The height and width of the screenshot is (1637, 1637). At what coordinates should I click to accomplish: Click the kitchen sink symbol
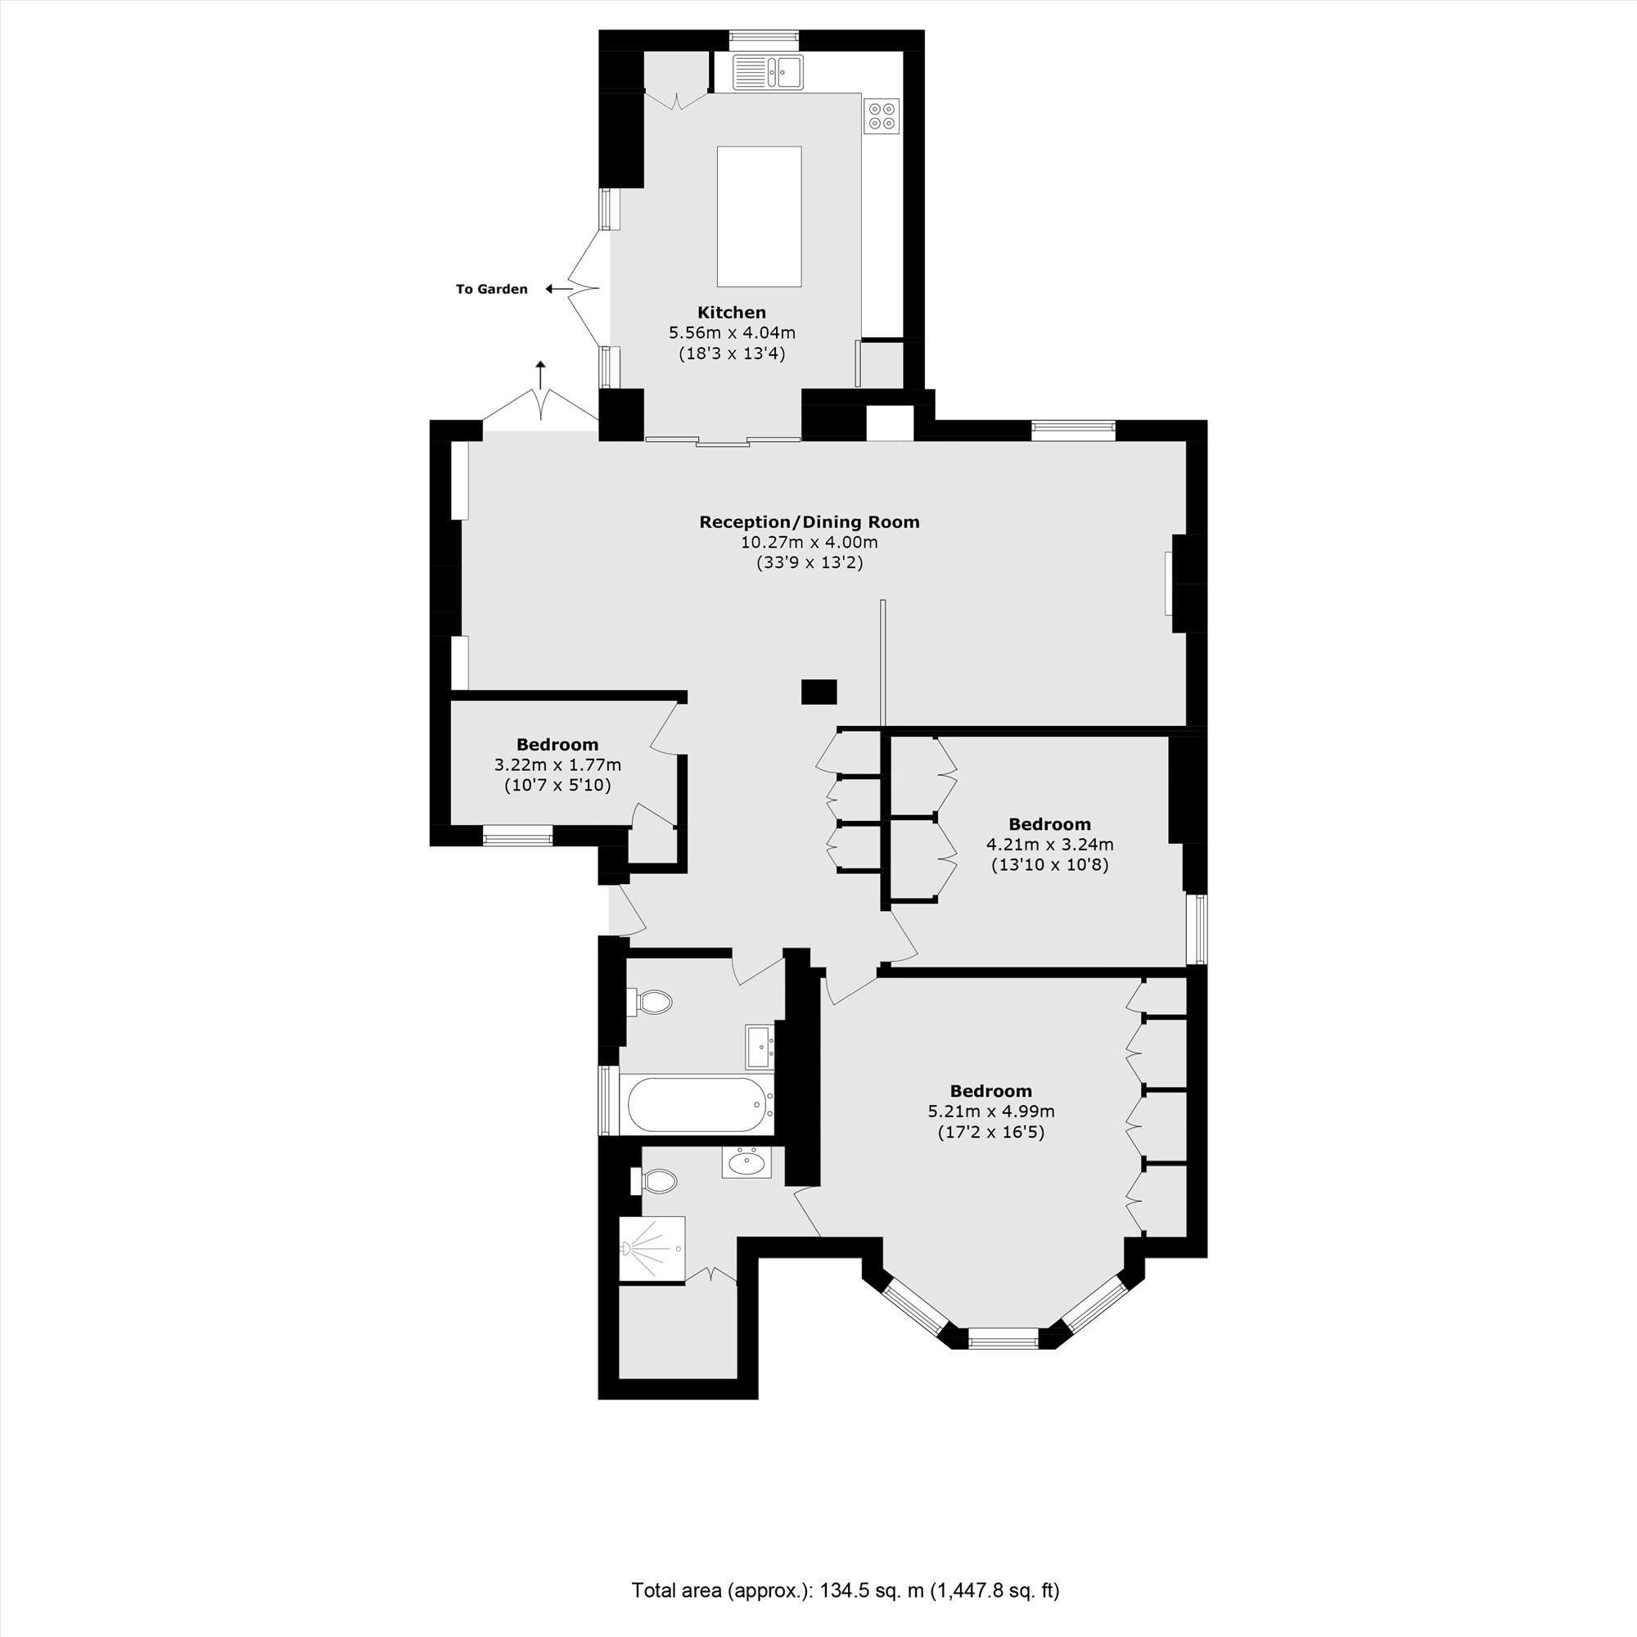click(768, 71)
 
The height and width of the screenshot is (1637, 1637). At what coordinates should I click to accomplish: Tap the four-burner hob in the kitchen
click(882, 116)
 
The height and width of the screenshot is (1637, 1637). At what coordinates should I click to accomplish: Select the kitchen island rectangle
click(759, 216)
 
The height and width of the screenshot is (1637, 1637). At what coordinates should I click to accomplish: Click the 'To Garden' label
click(491, 289)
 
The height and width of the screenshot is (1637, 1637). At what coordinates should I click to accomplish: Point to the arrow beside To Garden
click(558, 289)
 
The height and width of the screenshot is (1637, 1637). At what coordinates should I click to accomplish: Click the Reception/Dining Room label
click(809, 522)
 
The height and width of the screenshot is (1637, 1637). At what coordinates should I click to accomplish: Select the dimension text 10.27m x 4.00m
click(809, 543)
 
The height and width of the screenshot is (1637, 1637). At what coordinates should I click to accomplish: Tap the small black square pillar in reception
click(818, 692)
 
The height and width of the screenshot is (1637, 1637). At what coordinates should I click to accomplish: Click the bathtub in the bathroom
click(698, 1104)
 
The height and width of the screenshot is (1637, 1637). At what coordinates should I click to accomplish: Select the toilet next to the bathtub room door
click(653, 1003)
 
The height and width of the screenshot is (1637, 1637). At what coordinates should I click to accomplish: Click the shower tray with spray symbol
click(652, 1250)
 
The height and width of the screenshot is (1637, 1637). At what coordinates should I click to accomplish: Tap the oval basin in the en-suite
click(746, 1161)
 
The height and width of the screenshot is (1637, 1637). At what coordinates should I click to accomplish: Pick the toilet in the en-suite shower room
click(656, 1180)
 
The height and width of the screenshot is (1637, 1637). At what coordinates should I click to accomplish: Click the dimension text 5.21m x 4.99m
click(990, 1111)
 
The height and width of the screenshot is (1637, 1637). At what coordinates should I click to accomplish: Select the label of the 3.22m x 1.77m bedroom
click(557, 745)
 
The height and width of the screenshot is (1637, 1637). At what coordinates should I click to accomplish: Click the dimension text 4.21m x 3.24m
click(1049, 845)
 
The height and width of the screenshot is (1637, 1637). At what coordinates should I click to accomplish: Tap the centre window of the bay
click(1003, 1339)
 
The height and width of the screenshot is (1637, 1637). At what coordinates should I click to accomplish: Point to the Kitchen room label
click(731, 312)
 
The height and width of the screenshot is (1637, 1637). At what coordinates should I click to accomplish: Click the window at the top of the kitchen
click(764, 39)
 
